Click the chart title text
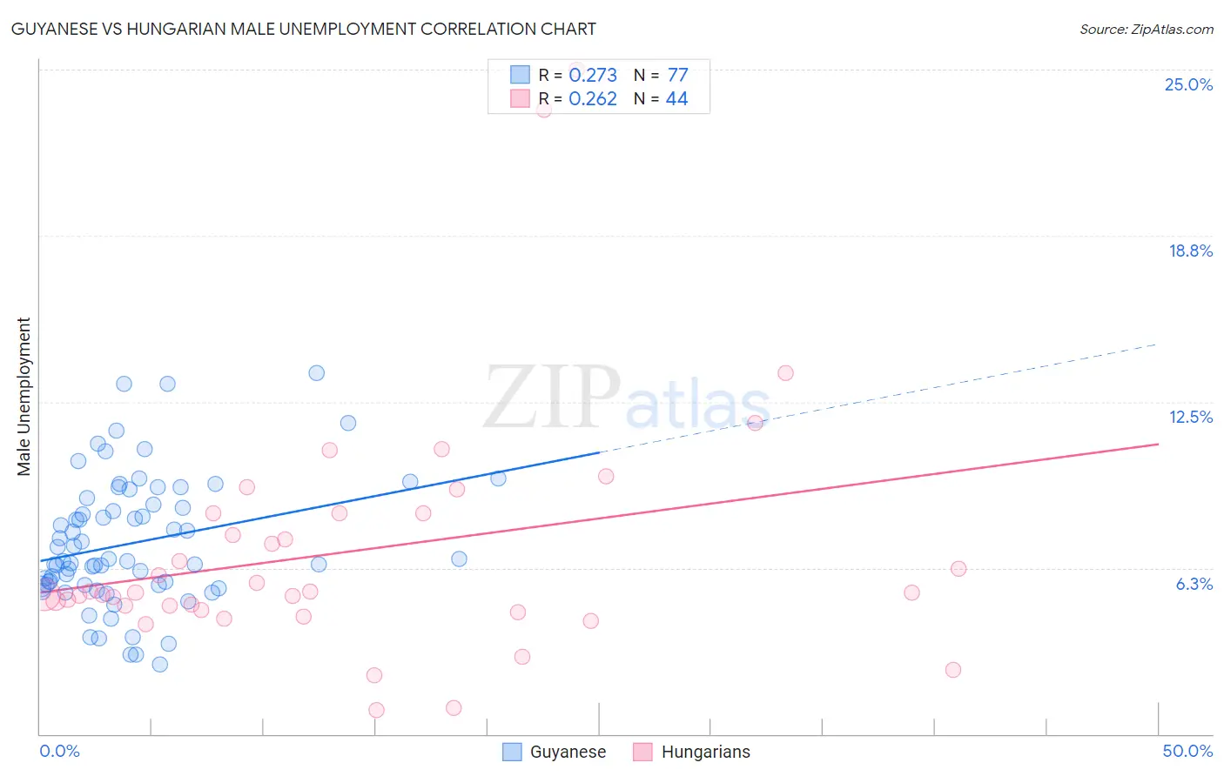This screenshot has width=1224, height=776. pyautogui.click(x=304, y=29)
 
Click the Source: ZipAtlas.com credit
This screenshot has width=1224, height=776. pyautogui.click(x=1146, y=29)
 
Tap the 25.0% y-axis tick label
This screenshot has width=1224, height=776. pyautogui.click(x=1188, y=84)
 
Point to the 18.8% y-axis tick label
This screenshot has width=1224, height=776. pyautogui.click(x=1190, y=251)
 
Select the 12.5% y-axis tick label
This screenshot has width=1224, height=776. pyautogui.click(x=1190, y=417)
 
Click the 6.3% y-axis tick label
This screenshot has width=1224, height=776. pyautogui.click(x=1194, y=584)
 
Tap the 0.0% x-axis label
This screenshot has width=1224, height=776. pyautogui.click(x=59, y=751)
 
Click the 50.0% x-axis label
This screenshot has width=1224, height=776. pyautogui.click(x=1187, y=751)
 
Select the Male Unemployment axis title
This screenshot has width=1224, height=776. pyautogui.click(x=24, y=396)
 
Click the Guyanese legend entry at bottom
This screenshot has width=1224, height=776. pyautogui.click(x=555, y=752)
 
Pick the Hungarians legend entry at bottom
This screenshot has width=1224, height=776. pyautogui.click(x=692, y=752)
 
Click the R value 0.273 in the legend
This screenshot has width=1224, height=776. pyautogui.click(x=593, y=76)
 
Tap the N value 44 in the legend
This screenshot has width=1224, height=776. pyautogui.click(x=676, y=99)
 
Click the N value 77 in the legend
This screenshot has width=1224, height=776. pyautogui.click(x=677, y=76)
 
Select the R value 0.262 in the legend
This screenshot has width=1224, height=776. pyautogui.click(x=593, y=99)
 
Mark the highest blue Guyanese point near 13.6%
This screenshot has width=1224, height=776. pyautogui.click(x=317, y=373)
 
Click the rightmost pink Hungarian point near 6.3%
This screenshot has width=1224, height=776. pyautogui.click(x=958, y=569)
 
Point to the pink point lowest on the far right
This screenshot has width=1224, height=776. pyautogui.click(x=953, y=670)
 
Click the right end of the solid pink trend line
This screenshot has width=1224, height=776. pyautogui.click(x=1158, y=445)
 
